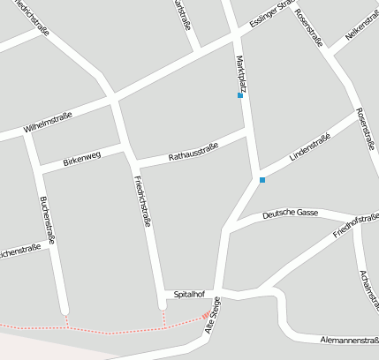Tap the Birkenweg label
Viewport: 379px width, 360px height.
(x=82, y=158)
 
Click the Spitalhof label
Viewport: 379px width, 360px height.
(x=190, y=294)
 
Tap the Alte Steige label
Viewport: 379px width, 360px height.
(x=213, y=315)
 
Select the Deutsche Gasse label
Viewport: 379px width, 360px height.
(x=290, y=213)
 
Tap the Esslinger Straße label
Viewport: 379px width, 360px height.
(x=271, y=17)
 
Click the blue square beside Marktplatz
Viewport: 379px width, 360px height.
(x=240, y=95)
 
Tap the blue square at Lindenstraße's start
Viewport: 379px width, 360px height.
(x=262, y=180)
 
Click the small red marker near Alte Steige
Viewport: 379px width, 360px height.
(x=206, y=314)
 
